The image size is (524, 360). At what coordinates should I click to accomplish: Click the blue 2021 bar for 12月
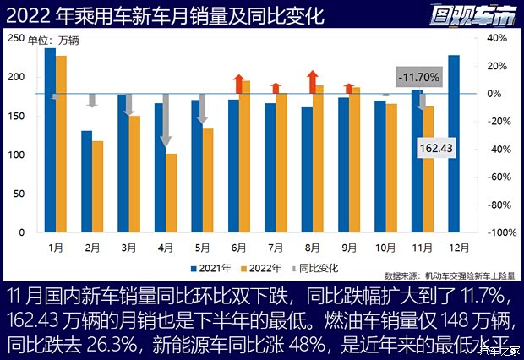[454, 144]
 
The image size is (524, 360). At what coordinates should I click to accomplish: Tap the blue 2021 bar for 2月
[87, 181]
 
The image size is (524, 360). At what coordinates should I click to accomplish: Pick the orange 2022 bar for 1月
[61, 144]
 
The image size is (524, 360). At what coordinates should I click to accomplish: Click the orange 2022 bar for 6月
[245, 156]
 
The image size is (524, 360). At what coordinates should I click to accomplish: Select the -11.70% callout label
[419, 77]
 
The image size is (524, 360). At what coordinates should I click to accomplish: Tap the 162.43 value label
[437, 148]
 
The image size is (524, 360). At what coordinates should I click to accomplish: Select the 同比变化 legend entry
[314, 268]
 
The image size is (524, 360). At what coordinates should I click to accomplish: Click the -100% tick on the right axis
[497, 232]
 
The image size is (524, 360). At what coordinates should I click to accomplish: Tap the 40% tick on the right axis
[497, 39]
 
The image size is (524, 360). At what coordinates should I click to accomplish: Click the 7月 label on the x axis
[275, 247]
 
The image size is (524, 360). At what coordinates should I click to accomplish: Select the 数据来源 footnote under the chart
[449, 275]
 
